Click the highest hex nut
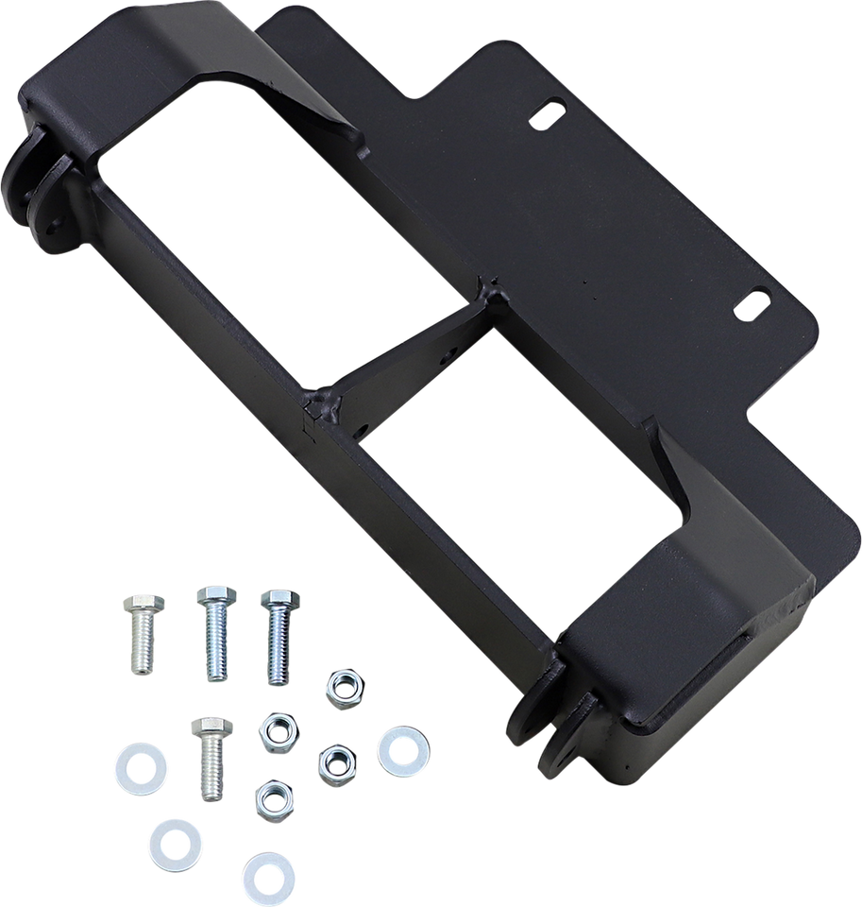coord(338,686)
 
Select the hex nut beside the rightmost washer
coord(333,760)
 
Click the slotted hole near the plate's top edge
coord(545,116)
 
